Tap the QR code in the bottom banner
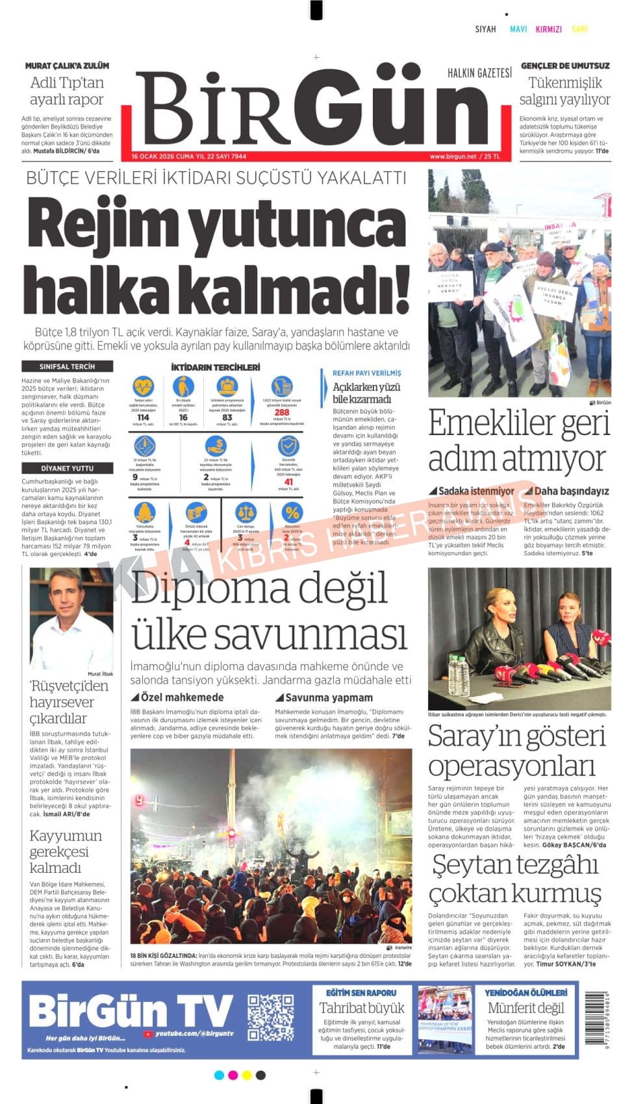(271, 1016)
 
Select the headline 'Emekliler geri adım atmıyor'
(519, 441)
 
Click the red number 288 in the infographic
(282, 412)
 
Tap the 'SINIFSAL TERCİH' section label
(67, 366)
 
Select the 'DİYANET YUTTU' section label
(67, 468)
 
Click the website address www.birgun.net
(453, 157)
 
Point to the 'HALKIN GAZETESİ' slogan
(479, 73)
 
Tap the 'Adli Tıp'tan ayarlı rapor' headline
(67, 91)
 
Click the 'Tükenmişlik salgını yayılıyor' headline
(564, 91)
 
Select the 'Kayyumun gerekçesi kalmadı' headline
(66, 851)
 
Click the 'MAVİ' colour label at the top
(518, 29)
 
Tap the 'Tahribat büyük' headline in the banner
(362, 1008)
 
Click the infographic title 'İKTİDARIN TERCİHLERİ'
(215, 368)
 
